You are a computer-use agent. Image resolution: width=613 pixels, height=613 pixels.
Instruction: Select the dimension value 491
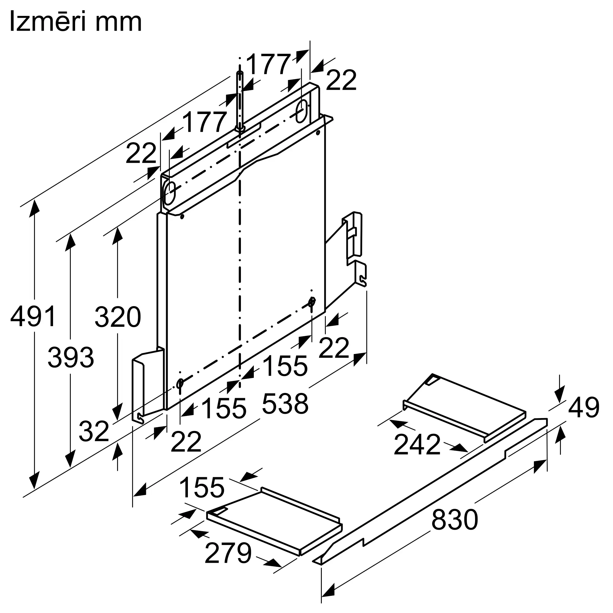33,316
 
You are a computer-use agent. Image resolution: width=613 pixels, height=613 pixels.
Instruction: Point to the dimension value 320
118,317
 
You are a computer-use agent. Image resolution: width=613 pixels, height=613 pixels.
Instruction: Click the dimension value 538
285,404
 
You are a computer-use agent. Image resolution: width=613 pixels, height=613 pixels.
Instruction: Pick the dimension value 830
454,520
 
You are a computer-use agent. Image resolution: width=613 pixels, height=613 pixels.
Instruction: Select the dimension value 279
228,553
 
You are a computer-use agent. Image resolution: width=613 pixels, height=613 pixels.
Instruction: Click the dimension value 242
417,444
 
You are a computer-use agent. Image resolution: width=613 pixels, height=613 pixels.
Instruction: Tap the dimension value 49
584,407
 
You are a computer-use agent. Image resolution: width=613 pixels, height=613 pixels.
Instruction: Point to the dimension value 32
93,432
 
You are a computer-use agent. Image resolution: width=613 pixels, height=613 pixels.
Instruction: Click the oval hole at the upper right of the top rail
301,111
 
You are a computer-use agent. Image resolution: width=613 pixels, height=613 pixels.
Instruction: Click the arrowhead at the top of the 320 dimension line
118,235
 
